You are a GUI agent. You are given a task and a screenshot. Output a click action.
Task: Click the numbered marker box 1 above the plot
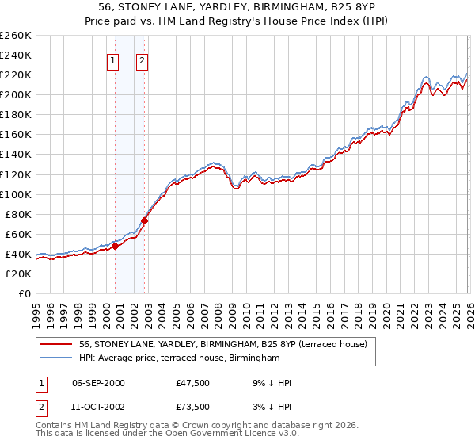click(x=112, y=60)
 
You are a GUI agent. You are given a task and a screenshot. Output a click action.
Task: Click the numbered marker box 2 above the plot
click(x=142, y=60)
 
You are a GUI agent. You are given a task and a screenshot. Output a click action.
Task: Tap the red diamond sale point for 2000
click(x=116, y=246)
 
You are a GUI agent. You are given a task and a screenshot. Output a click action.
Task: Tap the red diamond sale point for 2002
click(x=145, y=220)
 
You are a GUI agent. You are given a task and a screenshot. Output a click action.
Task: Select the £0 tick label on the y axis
click(x=24, y=293)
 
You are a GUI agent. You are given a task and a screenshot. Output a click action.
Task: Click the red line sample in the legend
click(x=55, y=345)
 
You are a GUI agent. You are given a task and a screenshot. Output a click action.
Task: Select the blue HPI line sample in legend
click(x=55, y=358)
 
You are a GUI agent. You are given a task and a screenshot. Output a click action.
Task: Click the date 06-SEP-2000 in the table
click(x=98, y=383)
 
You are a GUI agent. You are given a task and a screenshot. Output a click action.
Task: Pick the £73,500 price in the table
click(x=193, y=406)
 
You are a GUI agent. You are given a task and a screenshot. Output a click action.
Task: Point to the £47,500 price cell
click(x=193, y=383)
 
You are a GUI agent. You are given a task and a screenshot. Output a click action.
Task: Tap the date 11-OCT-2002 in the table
click(x=98, y=406)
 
